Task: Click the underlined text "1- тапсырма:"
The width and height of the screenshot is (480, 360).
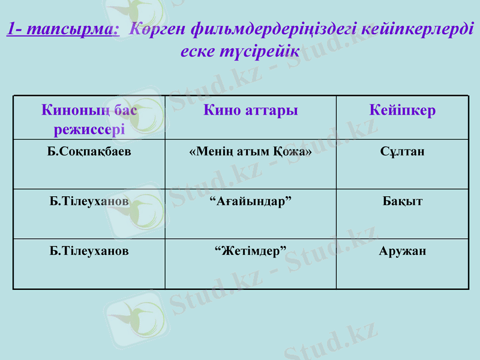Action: (63, 29)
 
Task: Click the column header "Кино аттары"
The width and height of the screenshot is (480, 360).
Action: (251, 110)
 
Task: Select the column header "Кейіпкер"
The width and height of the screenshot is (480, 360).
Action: (402, 110)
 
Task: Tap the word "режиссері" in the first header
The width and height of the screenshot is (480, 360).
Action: (89, 128)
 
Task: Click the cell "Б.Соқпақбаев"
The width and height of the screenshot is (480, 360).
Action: (89, 151)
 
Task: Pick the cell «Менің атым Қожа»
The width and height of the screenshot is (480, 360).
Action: (250, 151)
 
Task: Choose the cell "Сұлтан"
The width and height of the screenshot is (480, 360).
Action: (402, 151)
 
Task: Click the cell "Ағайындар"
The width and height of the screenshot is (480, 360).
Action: (250, 201)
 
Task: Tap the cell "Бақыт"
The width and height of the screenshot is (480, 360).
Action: (402, 201)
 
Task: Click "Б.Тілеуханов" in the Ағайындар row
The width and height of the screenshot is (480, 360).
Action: (89, 201)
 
